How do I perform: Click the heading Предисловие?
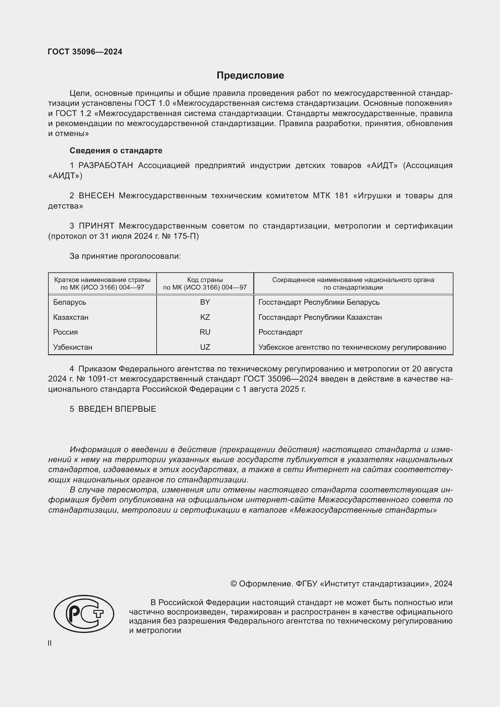[250, 76]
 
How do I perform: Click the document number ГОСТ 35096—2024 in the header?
[85, 52]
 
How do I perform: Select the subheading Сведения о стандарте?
[116, 151]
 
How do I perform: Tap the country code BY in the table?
[205, 302]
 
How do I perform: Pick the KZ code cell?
[205, 317]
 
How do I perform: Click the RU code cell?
[205, 332]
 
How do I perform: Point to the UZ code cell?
[205, 347]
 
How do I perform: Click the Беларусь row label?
[70, 302]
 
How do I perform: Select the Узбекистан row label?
[73, 347]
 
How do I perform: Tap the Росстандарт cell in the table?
[281, 332]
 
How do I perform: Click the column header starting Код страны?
[205, 284]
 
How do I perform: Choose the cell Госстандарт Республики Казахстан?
[320, 317]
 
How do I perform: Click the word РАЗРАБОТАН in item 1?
[106, 165]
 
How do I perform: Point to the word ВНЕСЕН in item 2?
[96, 196]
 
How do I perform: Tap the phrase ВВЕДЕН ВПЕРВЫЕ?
[117, 409]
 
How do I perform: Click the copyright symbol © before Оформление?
[233, 584]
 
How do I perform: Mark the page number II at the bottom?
[50, 643]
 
